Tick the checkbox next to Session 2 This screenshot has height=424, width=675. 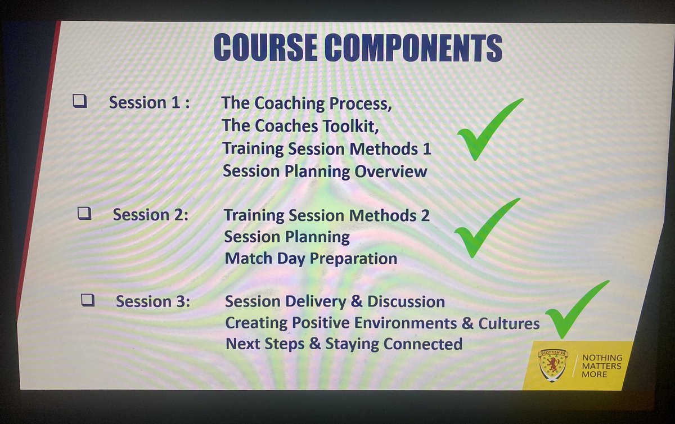point(84,214)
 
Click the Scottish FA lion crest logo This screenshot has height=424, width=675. point(552,365)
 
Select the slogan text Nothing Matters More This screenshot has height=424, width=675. point(602,366)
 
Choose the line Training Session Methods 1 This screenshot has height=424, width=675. point(326,149)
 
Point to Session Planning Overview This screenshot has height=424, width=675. point(325,172)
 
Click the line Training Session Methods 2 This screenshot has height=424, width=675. point(326,215)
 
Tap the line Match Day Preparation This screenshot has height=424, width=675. point(310,259)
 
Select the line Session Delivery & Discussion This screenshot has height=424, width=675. point(335,301)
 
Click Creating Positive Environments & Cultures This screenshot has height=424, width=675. point(382,323)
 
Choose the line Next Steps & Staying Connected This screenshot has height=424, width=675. point(344,344)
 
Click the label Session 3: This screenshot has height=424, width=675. point(153,301)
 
